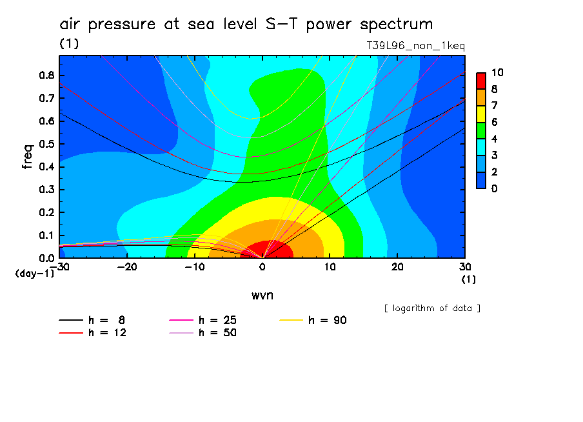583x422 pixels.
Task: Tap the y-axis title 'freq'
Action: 27,157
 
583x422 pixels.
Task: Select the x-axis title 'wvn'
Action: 262,295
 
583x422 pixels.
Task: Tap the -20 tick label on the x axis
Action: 127,267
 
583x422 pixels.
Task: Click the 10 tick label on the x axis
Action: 330,267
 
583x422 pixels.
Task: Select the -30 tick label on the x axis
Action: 60,267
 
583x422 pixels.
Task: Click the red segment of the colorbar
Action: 480,80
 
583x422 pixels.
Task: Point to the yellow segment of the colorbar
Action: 480,113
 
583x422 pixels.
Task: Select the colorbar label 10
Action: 497,72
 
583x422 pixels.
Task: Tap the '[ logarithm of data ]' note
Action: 432,308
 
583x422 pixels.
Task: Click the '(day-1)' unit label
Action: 34,274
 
